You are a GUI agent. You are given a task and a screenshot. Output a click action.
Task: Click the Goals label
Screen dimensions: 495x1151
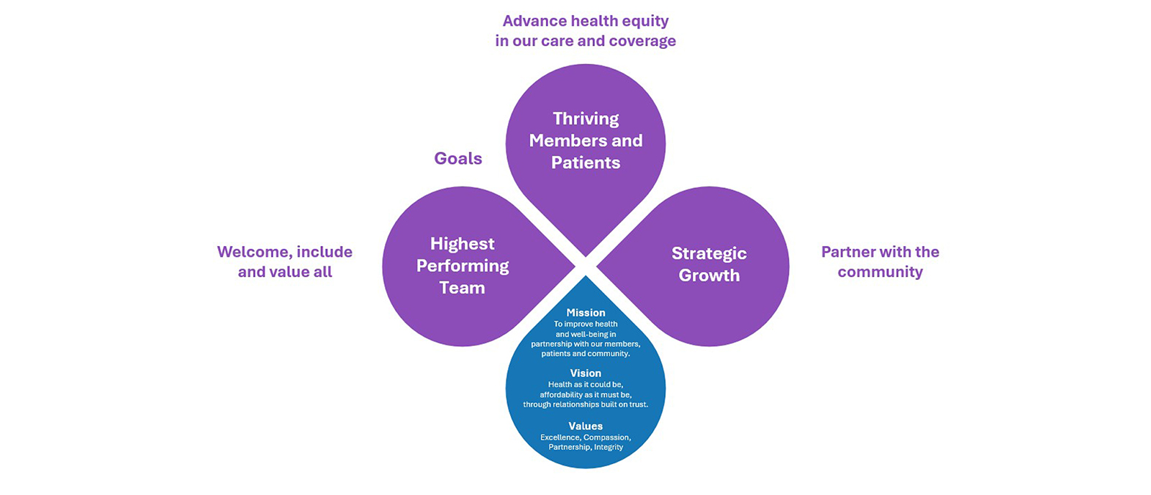458,158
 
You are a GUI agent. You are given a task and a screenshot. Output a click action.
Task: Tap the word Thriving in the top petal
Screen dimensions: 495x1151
586,119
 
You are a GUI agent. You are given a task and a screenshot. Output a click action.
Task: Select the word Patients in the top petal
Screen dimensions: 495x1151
586,163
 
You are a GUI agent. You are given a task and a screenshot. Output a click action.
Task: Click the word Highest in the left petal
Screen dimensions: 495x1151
463,244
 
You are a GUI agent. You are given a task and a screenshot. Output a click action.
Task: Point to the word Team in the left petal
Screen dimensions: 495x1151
462,288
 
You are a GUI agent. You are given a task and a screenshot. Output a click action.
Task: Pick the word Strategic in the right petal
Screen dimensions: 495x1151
709,253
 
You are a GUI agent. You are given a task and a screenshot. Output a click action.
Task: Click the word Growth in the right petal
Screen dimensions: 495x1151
709,276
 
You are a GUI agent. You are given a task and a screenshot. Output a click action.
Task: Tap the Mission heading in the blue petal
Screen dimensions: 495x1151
586,313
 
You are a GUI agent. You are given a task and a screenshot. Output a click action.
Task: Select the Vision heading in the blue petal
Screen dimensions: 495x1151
586,373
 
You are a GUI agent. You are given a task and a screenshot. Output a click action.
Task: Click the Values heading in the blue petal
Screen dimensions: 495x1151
586,426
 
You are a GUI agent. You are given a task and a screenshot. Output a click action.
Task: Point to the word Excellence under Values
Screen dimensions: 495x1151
560,437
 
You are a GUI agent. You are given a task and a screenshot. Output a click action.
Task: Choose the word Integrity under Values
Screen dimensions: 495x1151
609,448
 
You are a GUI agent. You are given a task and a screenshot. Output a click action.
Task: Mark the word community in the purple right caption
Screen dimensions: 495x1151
880,272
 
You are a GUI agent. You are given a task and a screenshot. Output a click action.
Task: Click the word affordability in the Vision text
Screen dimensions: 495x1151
563,395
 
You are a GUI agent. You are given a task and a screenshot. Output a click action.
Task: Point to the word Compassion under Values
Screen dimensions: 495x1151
606,437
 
